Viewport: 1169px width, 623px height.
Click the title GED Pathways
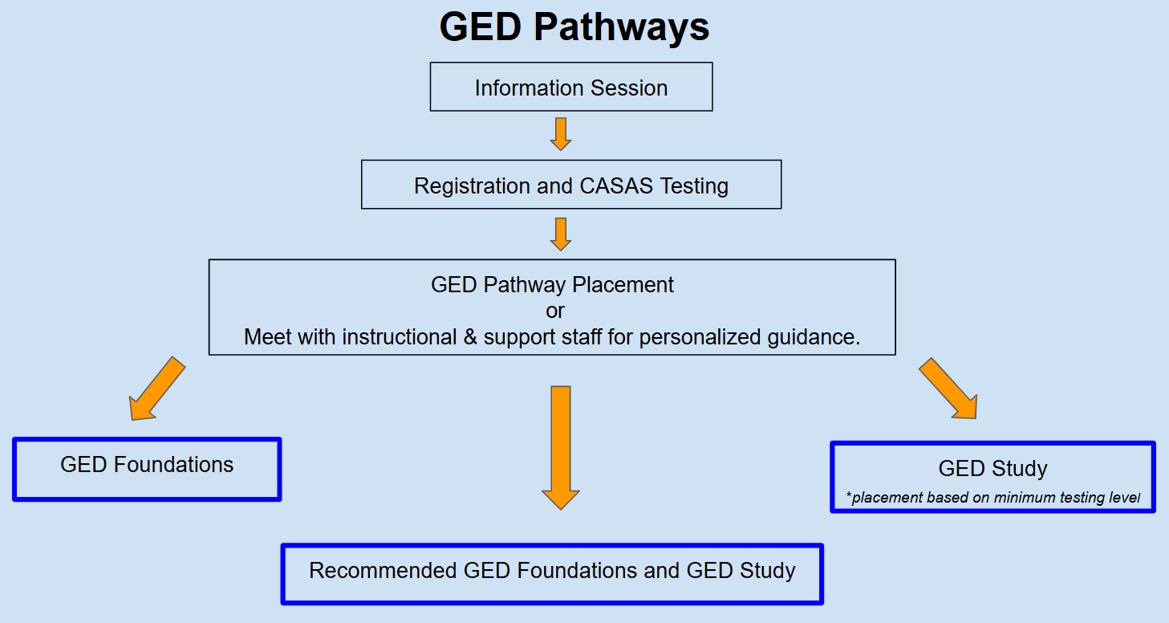coord(574,27)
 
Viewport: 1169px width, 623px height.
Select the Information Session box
coord(571,87)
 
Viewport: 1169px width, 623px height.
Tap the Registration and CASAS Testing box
coord(571,185)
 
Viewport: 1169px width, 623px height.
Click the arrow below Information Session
coord(561,133)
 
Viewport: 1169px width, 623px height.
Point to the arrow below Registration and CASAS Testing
coord(561,233)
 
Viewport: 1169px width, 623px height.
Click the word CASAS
coord(615,186)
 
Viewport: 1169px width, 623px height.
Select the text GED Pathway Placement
coord(552,284)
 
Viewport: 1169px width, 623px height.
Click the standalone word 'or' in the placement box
coord(554,310)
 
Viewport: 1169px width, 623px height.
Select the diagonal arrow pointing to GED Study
coord(948,389)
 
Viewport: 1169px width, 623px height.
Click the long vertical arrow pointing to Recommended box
coord(561,446)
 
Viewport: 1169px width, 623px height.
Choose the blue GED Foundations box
coord(147,469)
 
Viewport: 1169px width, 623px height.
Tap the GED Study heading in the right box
coord(992,469)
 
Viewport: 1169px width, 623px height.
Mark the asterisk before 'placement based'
coord(849,496)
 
